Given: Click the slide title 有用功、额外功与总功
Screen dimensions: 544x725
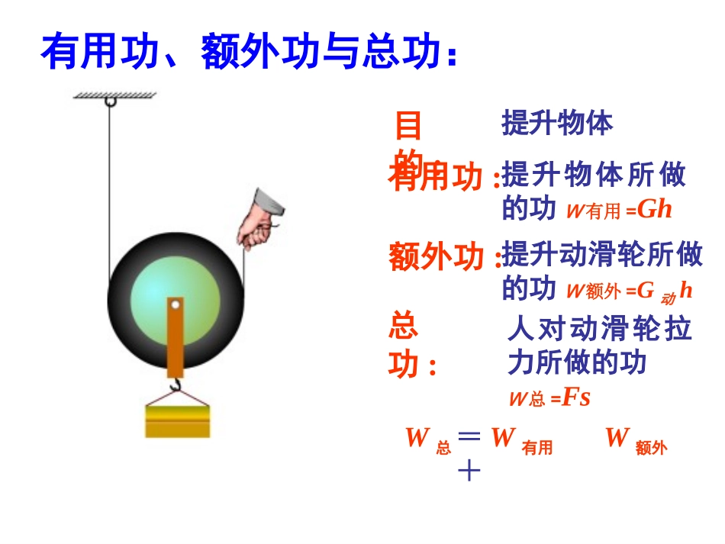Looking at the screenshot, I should click(249, 52).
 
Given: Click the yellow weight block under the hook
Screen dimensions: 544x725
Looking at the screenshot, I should click(178, 420).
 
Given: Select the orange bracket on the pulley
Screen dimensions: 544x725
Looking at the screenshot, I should click(176, 336).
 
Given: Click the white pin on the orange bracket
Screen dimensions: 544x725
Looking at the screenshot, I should click(176, 306).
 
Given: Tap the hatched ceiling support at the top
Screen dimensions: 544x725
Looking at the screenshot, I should click(114, 95).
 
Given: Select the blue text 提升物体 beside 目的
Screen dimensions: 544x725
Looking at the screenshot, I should click(557, 123).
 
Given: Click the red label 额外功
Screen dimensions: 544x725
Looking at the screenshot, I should click(436, 256).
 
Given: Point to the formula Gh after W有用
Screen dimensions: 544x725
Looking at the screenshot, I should click(655, 209).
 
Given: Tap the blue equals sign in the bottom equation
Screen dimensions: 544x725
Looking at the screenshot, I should click(469, 436).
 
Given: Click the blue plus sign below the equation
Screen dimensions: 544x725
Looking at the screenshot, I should click(469, 472).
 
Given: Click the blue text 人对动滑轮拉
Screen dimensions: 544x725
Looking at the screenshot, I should click(599, 330).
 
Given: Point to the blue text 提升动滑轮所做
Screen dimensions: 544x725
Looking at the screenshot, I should click(602, 255).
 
